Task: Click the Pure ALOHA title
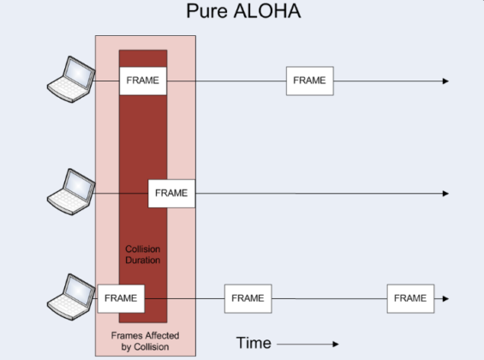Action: (242, 12)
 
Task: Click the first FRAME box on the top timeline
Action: (143, 81)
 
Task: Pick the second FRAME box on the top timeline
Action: (309, 81)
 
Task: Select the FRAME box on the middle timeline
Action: (172, 193)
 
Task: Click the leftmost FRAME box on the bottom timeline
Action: (121, 298)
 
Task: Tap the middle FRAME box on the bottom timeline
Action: (248, 298)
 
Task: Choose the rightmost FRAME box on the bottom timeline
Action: (409, 298)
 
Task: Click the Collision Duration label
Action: (143, 253)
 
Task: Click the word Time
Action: (254, 343)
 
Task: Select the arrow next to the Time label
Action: (308, 344)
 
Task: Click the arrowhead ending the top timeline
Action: (445, 81)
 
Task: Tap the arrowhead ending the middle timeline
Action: (445, 194)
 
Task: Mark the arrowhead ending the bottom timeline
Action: (445, 299)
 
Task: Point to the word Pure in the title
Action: (206, 12)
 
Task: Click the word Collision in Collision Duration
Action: (143, 248)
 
